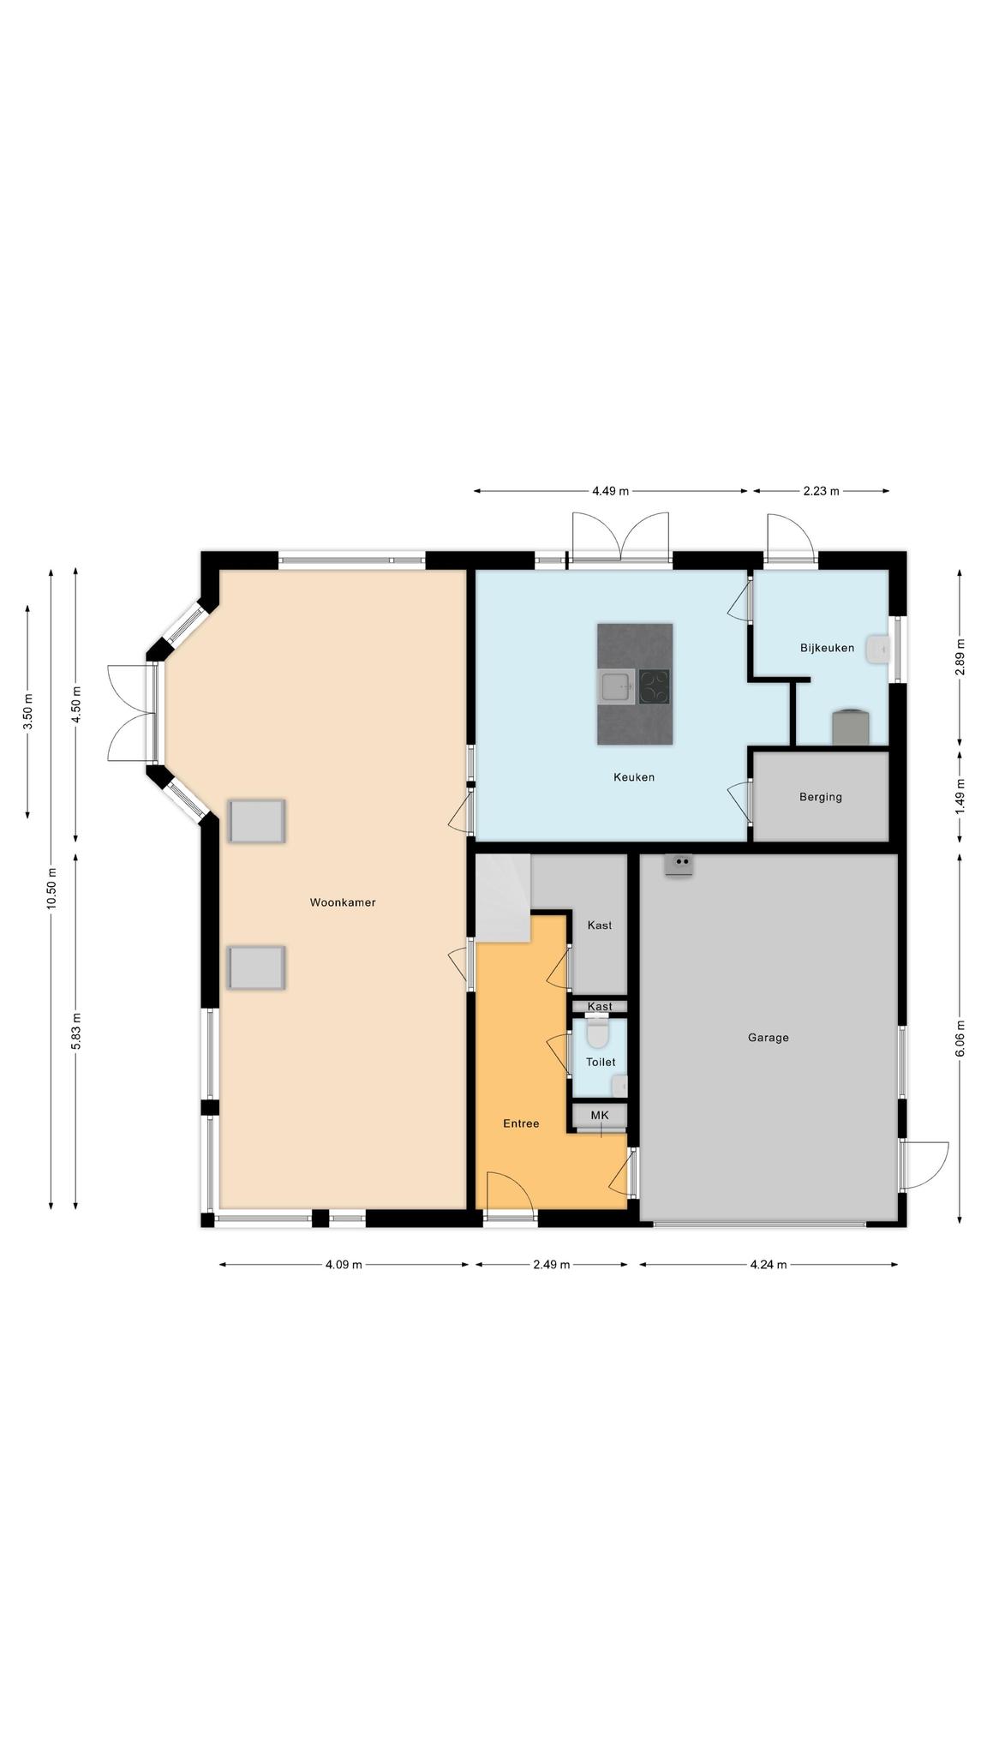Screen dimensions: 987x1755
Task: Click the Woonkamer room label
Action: pos(343,902)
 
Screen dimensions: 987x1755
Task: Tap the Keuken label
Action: pos(634,777)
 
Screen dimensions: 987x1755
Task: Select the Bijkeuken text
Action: pos(828,648)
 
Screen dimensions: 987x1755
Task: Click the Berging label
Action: pos(821,797)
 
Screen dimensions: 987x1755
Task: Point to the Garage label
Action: pos(769,1038)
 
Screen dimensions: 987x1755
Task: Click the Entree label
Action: pos(521,1123)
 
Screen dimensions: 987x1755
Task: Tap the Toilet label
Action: pos(601,1062)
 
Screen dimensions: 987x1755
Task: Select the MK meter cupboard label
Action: pos(600,1115)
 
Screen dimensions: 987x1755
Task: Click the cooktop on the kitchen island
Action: pos(655,686)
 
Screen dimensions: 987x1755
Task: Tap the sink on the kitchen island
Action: pos(616,686)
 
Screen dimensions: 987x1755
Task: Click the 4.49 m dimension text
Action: pos(611,491)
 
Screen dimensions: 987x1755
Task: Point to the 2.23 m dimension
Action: pos(822,491)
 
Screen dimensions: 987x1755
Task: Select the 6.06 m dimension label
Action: pos(960,1038)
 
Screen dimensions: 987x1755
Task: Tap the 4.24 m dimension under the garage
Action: pos(769,1264)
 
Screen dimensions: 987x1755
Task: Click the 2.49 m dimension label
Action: pos(552,1264)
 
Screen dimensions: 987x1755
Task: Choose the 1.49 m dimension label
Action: pos(960,796)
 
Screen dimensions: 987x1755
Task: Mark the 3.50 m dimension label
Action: pos(27,711)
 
